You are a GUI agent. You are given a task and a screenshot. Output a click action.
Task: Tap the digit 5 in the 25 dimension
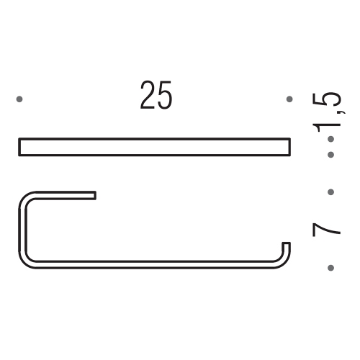[165, 96]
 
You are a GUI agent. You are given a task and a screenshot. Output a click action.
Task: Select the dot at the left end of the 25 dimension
[20, 99]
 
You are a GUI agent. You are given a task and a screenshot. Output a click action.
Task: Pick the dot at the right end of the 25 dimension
[289, 99]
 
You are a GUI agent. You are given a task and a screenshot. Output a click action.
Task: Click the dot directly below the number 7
[330, 268]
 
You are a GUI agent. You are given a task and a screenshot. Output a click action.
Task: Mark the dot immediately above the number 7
[330, 192]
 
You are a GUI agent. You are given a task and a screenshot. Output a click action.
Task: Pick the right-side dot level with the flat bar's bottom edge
[330, 154]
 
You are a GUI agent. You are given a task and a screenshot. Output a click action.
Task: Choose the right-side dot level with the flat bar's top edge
[330, 138]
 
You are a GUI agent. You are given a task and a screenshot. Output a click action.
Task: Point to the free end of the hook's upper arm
[94, 195]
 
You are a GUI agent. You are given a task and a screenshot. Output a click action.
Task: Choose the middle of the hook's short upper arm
[61, 195]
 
